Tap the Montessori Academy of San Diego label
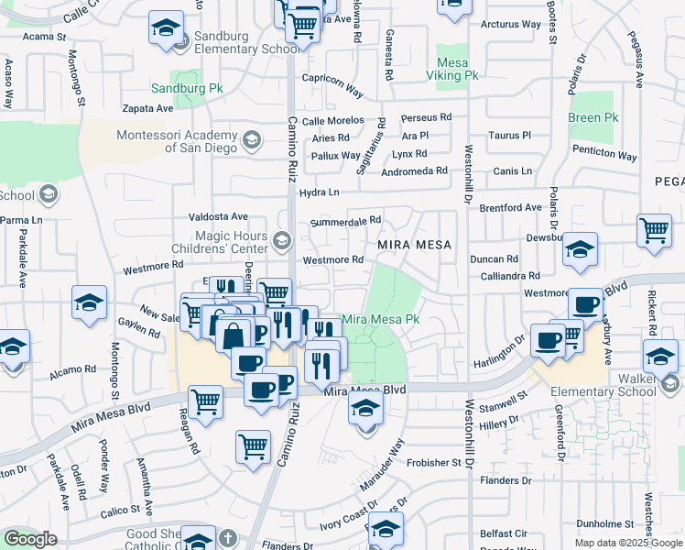176,141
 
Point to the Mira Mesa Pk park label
380,319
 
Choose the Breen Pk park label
593,118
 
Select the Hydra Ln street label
319,192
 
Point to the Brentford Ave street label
510,208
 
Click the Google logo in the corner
30,539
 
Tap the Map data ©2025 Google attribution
628,543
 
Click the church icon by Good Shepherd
199,540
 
